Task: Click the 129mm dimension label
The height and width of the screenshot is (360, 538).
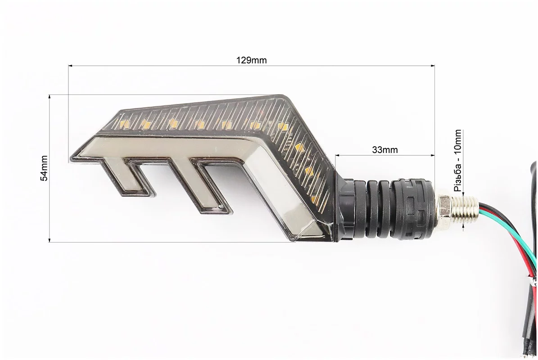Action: pyautogui.click(x=251, y=60)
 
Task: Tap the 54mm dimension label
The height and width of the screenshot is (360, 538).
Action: pyautogui.click(x=44, y=168)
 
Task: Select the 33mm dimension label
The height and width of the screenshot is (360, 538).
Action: pyautogui.click(x=385, y=150)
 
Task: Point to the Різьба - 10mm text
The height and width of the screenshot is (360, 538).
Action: pyautogui.click(x=458, y=160)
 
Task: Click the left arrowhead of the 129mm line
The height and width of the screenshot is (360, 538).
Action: pyautogui.click(x=70, y=65)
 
